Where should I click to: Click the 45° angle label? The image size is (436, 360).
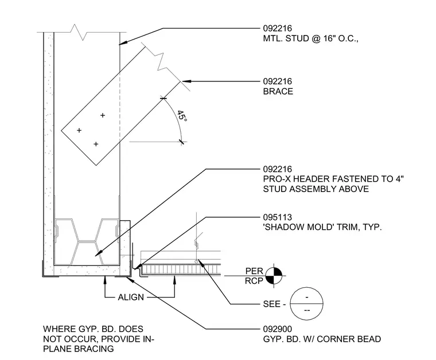click(x=182, y=116)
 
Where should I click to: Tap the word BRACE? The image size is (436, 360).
click(x=278, y=91)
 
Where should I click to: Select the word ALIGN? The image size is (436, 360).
click(x=131, y=297)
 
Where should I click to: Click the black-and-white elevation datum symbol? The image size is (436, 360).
click(x=274, y=276)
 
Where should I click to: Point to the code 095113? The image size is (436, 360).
click(x=278, y=217)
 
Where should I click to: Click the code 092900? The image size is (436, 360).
click(x=278, y=329)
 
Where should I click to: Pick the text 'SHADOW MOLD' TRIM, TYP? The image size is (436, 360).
click(x=322, y=227)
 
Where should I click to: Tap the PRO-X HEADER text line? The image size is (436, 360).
click(x=333, y=179)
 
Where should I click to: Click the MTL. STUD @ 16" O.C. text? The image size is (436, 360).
click(x=310, y=38)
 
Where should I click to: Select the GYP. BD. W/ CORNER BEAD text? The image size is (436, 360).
click(x=322, y=339)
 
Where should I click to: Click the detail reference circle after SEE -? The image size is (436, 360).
click(x=306, y=304)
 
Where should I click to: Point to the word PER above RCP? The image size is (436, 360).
click(x=254, y=271)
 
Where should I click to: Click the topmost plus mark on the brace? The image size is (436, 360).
click(x=103, y=115)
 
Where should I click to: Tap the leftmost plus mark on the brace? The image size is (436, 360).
click(x=79, y=130)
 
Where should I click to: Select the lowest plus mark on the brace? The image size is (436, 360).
click(x=96, y=144)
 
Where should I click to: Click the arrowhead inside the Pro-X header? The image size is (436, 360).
click(x=98, y=253)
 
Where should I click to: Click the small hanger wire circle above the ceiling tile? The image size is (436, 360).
click(x=196, y=261)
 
